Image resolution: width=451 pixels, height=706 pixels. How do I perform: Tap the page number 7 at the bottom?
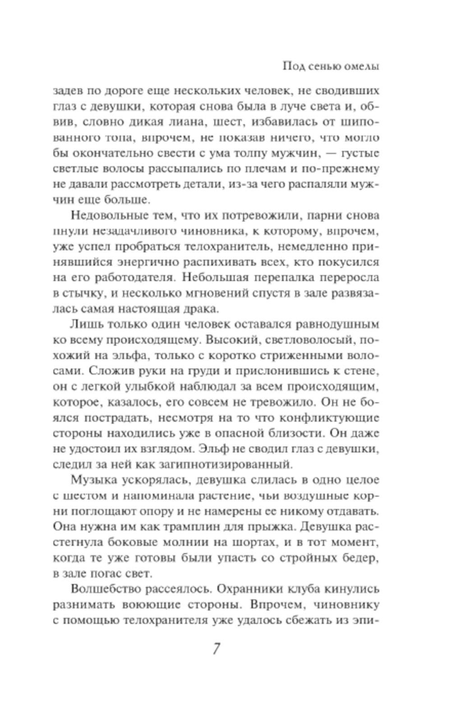click(x=216, y=649)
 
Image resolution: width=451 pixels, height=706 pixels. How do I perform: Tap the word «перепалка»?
click(x=284, y=278)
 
